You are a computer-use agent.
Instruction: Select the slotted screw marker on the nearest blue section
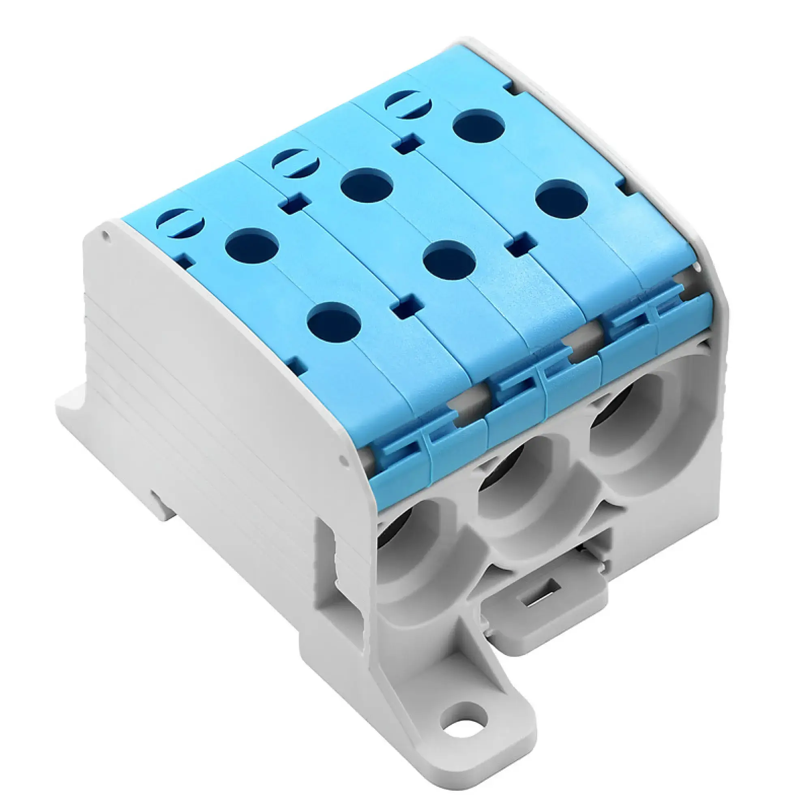pyautogui.click(x=180, y=223)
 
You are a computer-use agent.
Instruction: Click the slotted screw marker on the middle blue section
pyautogui.click(x=296, y=163)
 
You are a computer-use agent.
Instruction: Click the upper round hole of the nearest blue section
pyautogui.click(x=252, y=246)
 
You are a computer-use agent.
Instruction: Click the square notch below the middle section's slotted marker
pyautogui.click(x=293, y=205)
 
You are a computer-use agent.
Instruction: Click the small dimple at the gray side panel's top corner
pyautogui.click(x=106, y=236)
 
